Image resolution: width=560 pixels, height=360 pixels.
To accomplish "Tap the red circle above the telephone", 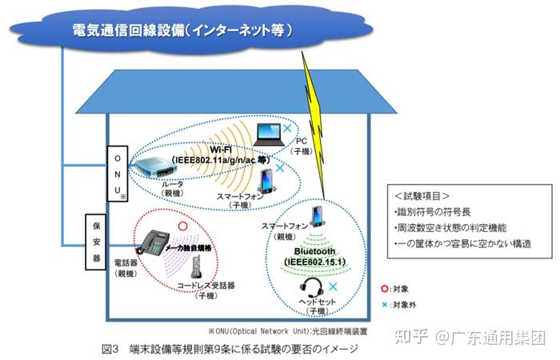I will [x=182, y=226].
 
